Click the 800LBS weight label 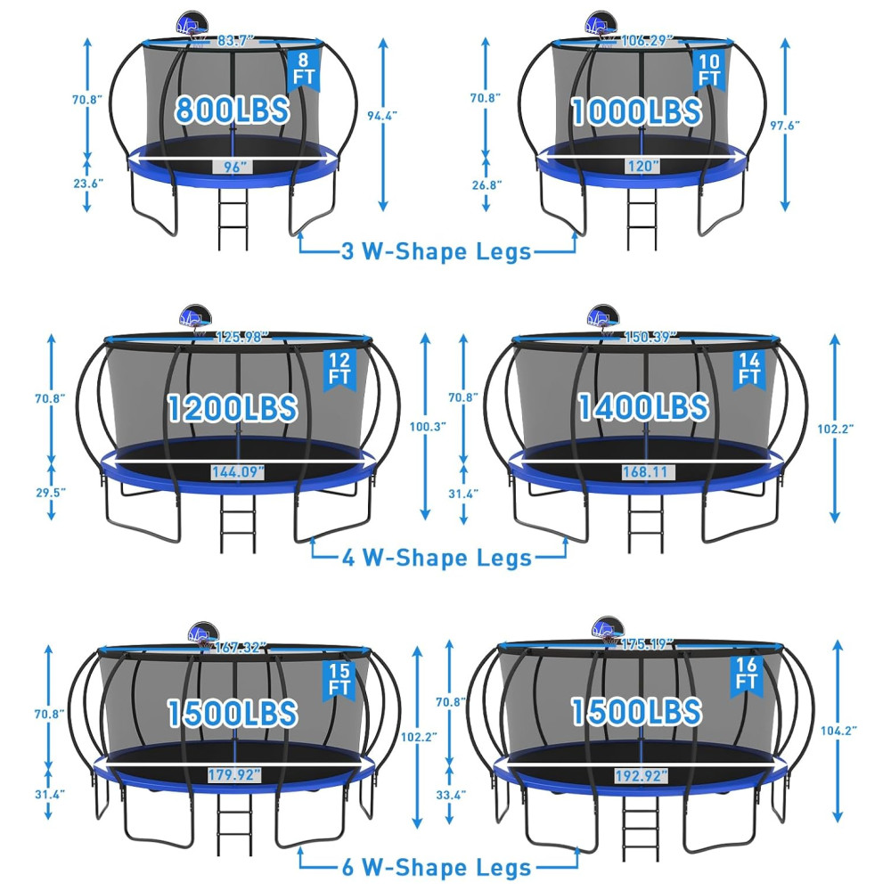232,109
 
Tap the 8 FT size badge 304,69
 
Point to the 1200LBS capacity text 233,408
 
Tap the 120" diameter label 642,166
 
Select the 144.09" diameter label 238,471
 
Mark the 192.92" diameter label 641,776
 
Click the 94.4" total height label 382,115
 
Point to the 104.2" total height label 838,731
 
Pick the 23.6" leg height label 88,183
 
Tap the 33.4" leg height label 451,795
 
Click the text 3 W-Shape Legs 436,251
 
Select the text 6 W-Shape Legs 437,868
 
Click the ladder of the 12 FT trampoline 238,523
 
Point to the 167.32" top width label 238,647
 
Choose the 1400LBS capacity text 643,407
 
